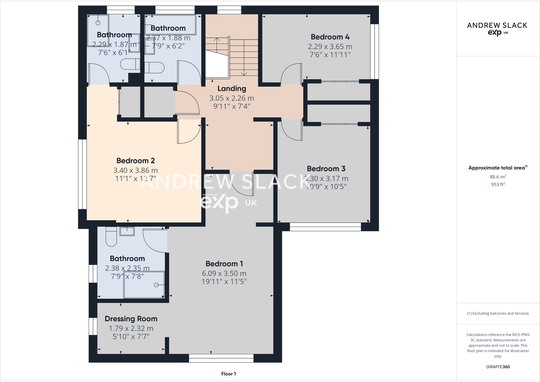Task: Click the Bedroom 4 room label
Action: tap(330, 37)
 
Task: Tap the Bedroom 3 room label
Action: tap(326, 169)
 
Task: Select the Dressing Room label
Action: tap(131, 319)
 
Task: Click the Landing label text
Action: tap(232, 89)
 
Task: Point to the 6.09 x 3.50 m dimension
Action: tap(224, 274)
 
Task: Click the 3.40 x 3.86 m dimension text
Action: tap(135, 170)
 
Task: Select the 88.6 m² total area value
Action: tap(498, 177)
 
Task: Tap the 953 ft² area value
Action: tap(498, 185)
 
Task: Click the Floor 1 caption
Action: tap(228, 374)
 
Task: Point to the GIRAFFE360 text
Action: tap(498, 367)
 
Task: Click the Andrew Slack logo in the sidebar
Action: tap(497, 28)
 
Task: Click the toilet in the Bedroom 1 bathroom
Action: tap(111, 237)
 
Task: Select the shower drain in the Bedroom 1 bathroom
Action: tap(157, 285)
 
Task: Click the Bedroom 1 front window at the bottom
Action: tap(221, 358)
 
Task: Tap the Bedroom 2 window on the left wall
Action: tap(83, 174)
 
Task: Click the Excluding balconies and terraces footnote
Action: tap(498, 314)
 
